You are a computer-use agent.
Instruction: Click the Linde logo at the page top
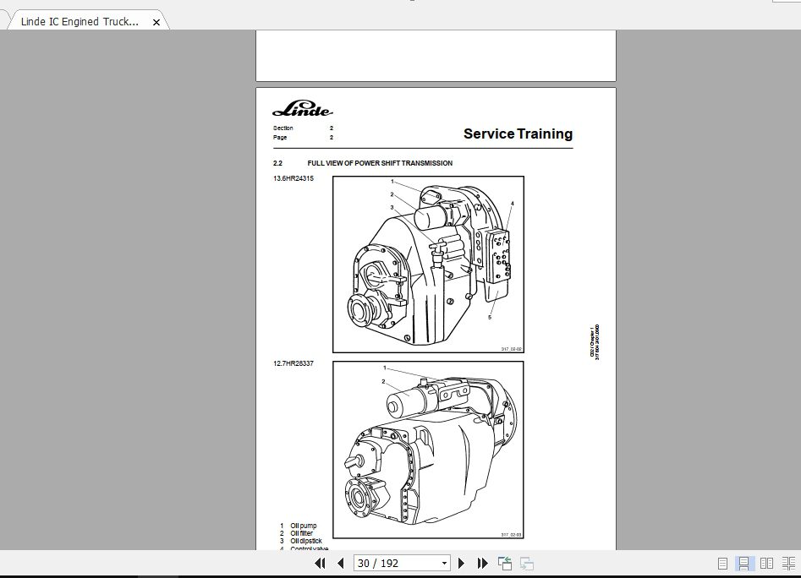(302, 110)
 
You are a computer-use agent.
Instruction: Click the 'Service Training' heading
(518, 134)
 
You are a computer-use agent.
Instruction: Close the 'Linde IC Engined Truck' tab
(156, 23)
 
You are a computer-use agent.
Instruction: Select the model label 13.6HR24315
(293, 178)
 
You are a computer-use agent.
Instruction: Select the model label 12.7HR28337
(293, 363)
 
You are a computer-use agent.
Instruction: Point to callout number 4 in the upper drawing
(512, 204)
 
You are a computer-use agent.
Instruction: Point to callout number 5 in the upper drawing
(490, 318)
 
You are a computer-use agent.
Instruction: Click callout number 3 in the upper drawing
(392, 207)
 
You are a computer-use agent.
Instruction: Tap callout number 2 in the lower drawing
(383, 381)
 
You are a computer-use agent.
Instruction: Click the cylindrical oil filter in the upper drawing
(432, 217)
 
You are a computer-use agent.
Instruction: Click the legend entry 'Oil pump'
(303, 526)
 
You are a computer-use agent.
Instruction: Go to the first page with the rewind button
(320, 563)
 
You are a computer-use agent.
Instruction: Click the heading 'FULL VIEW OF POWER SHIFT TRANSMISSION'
(379, 163)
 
